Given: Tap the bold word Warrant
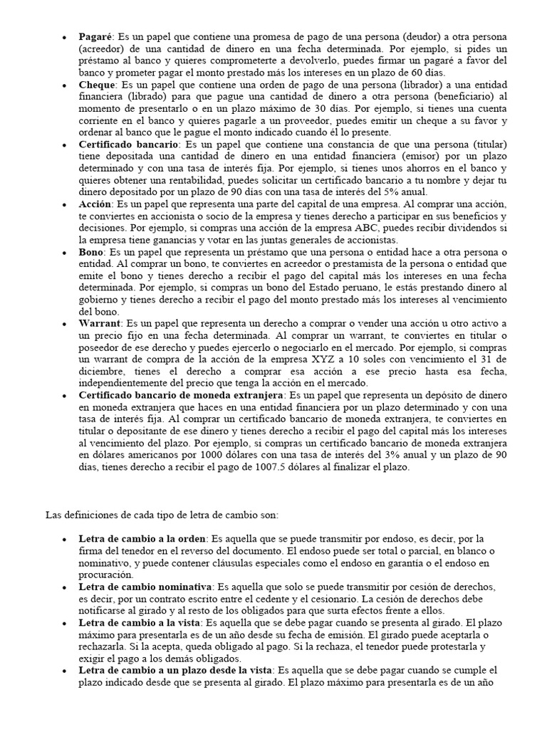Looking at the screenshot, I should (100, 323).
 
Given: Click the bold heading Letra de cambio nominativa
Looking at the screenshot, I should (145, 587).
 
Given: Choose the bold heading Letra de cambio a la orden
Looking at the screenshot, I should (142, 539).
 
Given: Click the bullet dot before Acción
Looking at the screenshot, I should (65, 204).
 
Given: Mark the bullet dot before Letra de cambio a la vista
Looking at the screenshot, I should (65, 623).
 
